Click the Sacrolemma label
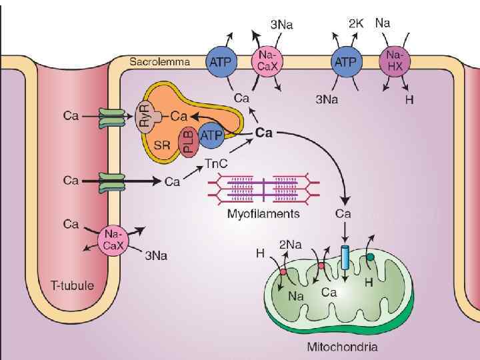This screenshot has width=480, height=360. coord(159,62)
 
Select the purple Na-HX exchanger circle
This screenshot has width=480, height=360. coord(395,61)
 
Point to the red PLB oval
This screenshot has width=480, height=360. coord(189,141)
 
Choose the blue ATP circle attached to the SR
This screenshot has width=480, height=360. coord(211,135)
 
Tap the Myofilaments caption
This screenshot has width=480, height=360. coord(263,214)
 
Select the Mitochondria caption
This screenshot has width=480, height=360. coord(342,347)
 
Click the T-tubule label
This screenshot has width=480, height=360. coord(73,285)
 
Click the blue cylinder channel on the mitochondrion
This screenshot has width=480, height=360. coord(345,257)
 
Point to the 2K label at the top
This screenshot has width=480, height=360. coord(357,23)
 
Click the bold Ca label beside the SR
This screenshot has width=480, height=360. coord(264,133)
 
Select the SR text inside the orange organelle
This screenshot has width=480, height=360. coord(162,145)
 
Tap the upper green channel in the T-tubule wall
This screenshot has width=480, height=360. coord(111,119)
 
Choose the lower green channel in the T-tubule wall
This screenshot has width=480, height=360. coord(111,180)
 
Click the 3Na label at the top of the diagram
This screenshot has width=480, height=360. coord(281,24)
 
